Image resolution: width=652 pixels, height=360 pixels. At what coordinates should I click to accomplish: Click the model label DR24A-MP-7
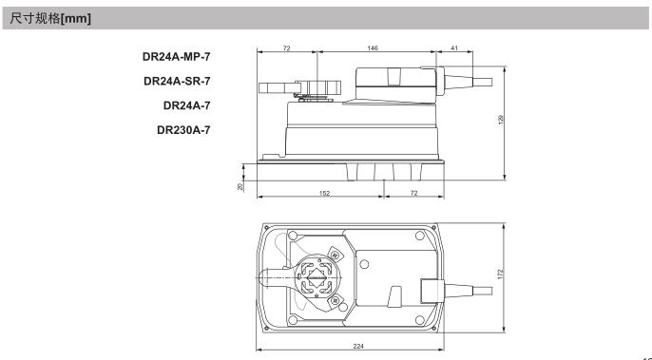point(177,57)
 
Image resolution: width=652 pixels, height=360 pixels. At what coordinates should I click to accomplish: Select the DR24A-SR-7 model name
point(177,81)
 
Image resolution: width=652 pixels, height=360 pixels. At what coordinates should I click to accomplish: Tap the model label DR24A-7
point(186,105)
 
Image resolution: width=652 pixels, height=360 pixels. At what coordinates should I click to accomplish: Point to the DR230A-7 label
point(183,130)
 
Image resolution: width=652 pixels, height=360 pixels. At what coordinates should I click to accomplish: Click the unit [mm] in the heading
point(75,19)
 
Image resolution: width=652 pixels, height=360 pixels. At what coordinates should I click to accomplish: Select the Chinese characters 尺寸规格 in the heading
point(35,18)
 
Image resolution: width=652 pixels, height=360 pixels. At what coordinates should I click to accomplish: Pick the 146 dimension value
point(373,48)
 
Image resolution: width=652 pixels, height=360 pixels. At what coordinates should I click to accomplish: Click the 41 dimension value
point(454,48)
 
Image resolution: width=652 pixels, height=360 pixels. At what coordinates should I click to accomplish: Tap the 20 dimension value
point(240,187)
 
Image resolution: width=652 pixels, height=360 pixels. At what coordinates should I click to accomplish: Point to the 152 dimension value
point(324,193)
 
